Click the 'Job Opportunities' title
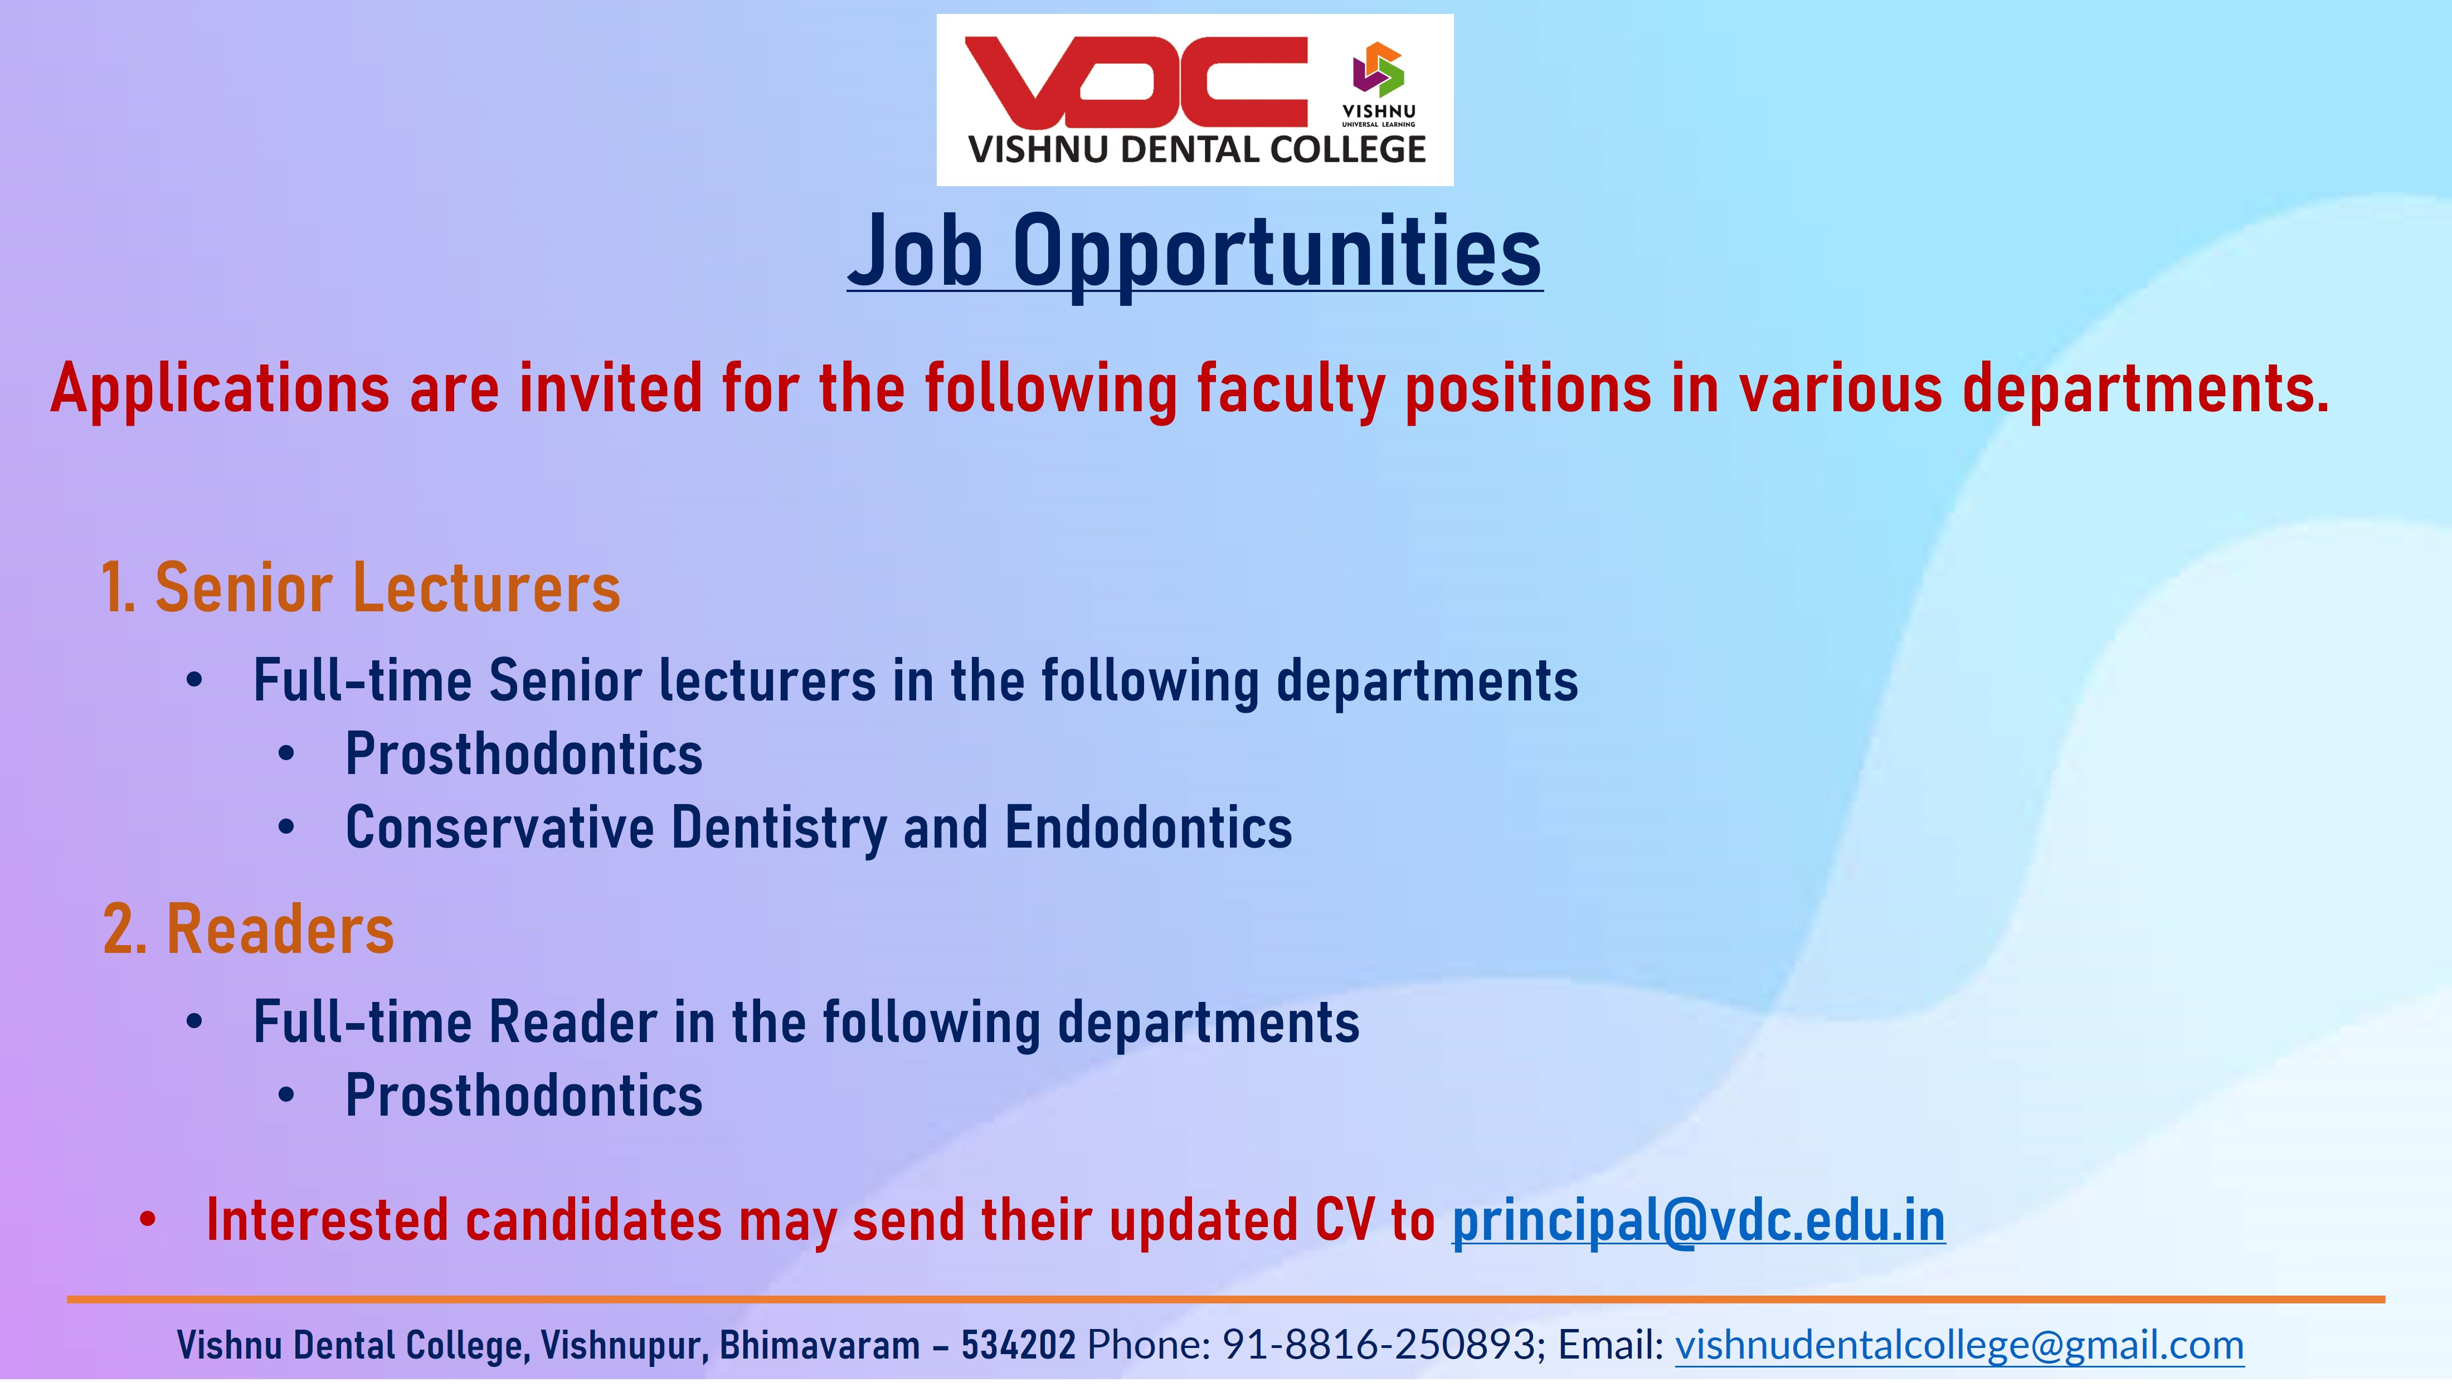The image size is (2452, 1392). click(x=1195, y=251)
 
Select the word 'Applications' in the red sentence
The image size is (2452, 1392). click(x=220, y=390)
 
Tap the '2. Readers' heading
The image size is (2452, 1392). click(x=249, y=929)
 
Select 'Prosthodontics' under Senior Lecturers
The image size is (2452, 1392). click(x=524, y=755)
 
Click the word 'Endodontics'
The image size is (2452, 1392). click(x=1149, y=828)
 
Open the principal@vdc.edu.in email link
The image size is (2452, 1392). click(x=1699, y=1222)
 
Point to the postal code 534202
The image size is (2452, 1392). click(x=1018, y=1345)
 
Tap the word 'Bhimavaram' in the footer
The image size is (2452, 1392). click(x=819, y=1345)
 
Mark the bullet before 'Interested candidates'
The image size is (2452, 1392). click(x=147, y=1221)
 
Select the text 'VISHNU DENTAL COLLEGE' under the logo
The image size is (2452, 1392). click(x=1197, y=150)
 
